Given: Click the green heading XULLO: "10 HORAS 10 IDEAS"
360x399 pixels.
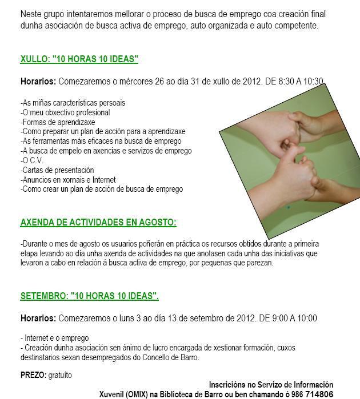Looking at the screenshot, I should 79,59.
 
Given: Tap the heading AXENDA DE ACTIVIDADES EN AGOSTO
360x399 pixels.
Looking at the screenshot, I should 98,222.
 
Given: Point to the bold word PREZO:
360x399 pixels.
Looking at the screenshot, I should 33,375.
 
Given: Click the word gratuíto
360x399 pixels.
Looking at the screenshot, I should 60,375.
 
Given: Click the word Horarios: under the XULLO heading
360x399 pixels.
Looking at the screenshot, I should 38,81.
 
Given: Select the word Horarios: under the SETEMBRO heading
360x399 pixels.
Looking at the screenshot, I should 38,318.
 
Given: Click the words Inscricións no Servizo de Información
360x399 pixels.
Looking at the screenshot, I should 271,385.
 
